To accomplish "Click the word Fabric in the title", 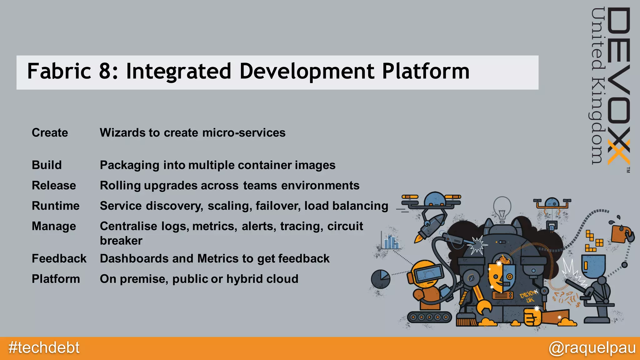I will coord(59,72).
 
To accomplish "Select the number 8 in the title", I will coord(106,72).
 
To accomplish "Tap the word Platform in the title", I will coord(426,72).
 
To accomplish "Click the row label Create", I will coord(50,133).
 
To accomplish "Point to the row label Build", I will coord(47,165).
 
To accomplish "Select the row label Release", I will coord(54,186).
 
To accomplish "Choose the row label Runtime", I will coord(56,206).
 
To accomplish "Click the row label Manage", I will coord(54,226).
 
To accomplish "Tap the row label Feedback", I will coord(59,259).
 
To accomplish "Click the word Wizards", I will coord(122,133).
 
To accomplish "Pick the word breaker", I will coord(121,241).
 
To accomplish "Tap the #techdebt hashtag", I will coord(44,348).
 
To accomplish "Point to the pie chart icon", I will coord(381,279).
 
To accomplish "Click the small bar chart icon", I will coord(390,242).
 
